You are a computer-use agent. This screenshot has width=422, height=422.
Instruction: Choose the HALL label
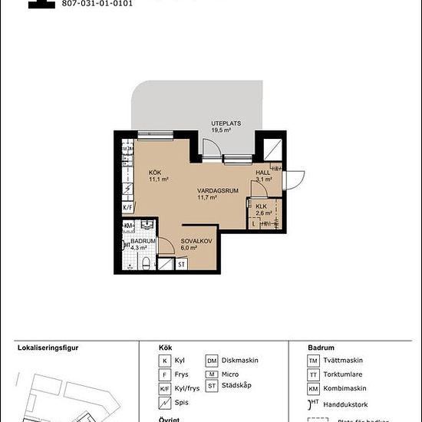[x=263, y=173]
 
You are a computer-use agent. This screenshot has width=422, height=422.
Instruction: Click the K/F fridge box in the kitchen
[x=127, y=207]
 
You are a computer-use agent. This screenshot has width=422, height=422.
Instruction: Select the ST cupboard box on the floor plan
[x=182, y=264]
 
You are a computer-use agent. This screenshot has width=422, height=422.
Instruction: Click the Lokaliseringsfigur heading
[x=48, y=347]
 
